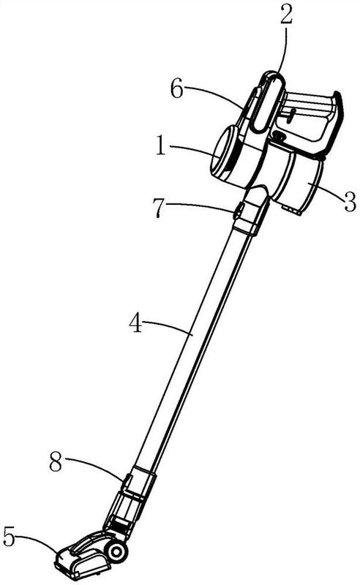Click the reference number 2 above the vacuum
click(x=286, y=13)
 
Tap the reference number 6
click(x=177, y=89)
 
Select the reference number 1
click(x=160, y=145)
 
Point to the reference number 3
click(x=349, y=202)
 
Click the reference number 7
click(x=159, y=208)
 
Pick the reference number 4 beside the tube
click(x=135, y=323)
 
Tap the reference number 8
click(x=56, y=462)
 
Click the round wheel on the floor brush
click(x=117, y=551)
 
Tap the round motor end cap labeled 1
click(x=227, y=153)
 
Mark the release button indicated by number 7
click(x=238, y=211)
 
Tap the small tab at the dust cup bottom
click(x=292, y=210)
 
